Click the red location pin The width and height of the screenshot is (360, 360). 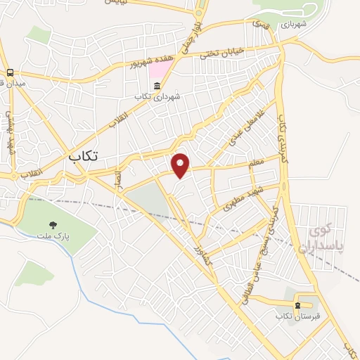[x=181, y=166]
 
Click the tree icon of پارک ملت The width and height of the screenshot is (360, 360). [x=52, y=225]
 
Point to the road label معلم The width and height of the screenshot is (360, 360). [x=256, y=163]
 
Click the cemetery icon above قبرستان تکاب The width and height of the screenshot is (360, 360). [x=298, y=305]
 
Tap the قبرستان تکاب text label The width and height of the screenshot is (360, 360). [x=298, y=316]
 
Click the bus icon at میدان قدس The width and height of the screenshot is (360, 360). [x=11, y=72]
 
